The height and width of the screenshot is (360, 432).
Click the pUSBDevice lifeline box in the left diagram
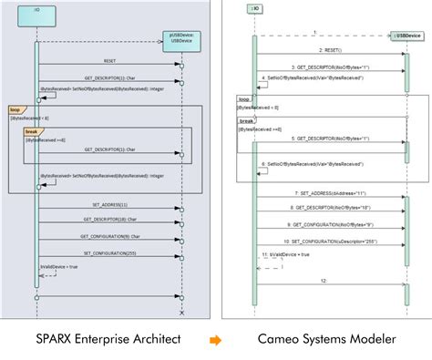(x=181, y=39)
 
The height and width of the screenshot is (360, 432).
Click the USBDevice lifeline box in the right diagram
(x=406, y=35)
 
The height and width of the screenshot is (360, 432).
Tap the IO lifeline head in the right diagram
(x=254, y=9)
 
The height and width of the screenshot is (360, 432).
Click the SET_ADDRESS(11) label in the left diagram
(x=109, y=205)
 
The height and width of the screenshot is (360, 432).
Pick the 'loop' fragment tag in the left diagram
(x=15, y=108)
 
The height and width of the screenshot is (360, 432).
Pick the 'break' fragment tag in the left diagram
(x=31, y=131)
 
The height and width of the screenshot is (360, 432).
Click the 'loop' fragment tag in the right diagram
(x=244, y=98)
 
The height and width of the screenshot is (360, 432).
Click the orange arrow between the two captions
(x=215, y=339)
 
